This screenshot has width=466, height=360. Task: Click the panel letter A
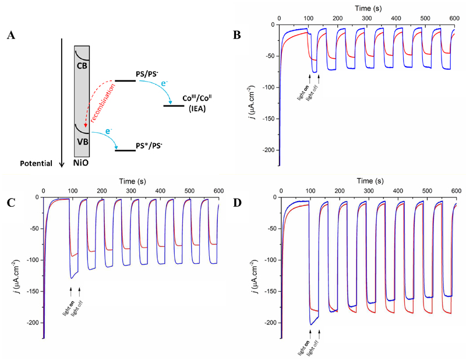click(x=10, y=36)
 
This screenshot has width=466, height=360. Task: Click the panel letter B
click(x=237, y=35)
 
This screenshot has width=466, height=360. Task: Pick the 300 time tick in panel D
click(x=369, y=190)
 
